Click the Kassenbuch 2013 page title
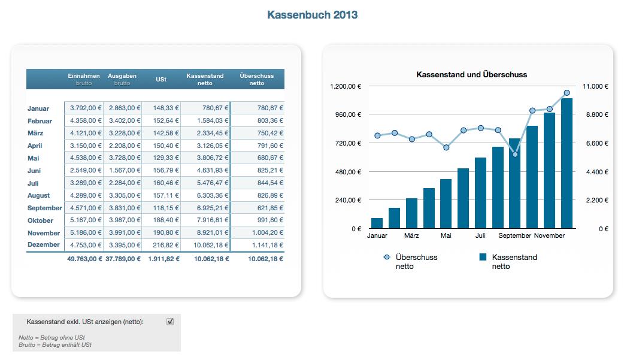(312, 15)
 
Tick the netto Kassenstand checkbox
(170, 322)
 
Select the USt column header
(160, 80)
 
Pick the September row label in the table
(45, 208)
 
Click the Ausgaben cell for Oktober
(122, 220)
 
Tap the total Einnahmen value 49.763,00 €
(84, 259)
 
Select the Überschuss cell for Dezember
(258, 245)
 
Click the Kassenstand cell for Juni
(205, 171)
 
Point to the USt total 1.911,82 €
(163, 259)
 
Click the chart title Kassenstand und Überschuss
(471, 75)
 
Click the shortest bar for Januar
(377, 223)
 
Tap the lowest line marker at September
(515, 155)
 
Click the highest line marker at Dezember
(567, 93)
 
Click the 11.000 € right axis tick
(595, 86)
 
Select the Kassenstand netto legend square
(483, 257)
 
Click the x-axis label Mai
(446, 236)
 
